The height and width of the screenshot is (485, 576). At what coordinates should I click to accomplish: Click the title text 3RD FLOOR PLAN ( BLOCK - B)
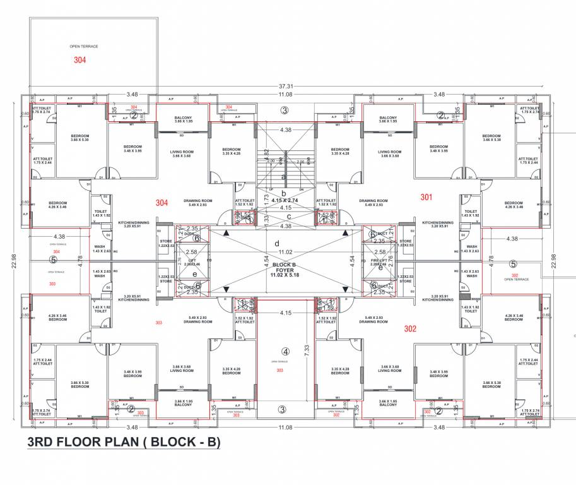click(x=124, y=443)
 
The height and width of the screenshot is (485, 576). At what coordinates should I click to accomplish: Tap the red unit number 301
click(x=427, y=197)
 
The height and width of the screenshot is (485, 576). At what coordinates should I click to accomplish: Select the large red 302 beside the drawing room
click(x=410, y=328)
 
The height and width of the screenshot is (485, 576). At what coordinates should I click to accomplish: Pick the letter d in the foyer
click(x=276, y=243)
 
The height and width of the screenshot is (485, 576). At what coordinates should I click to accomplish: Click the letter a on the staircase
click(x=285, y=177)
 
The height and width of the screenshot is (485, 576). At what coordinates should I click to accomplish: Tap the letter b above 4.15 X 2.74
click(x=284, y=193)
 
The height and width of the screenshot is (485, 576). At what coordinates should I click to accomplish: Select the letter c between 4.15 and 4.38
click(x=288, y=217)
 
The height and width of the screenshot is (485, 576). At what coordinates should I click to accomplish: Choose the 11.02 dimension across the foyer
click(x=286, y=234)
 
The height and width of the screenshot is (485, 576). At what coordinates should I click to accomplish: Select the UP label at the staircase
click(x=271, y=189)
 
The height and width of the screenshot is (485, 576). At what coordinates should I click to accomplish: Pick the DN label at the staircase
click(x=300, y=189)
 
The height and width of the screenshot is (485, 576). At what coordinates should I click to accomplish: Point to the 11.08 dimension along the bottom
click(x=286, y=428)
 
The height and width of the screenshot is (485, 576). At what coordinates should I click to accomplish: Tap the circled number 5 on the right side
click(x=513, y=264)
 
